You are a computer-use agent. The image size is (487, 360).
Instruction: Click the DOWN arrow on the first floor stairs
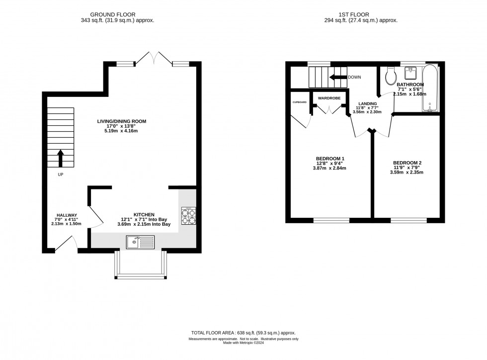coord(339,77)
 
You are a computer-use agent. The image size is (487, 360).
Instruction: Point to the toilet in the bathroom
coord(390,75)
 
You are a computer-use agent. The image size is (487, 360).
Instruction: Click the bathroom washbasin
coord(411,74)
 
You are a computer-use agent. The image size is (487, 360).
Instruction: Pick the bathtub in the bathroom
coord(430,88)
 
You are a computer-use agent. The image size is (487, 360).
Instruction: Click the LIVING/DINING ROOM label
coord(122,121)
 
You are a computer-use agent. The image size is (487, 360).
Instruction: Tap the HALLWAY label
coord(67,215)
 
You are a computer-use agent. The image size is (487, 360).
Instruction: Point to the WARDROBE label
coord(329,98)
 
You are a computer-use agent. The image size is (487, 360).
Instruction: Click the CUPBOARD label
coord(299,102)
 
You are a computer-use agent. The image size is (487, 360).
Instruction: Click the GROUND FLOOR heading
coord(117,15)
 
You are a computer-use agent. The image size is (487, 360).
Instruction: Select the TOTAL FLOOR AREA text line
coord(243,333)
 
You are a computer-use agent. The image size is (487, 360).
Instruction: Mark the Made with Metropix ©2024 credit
coord(243,343)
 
